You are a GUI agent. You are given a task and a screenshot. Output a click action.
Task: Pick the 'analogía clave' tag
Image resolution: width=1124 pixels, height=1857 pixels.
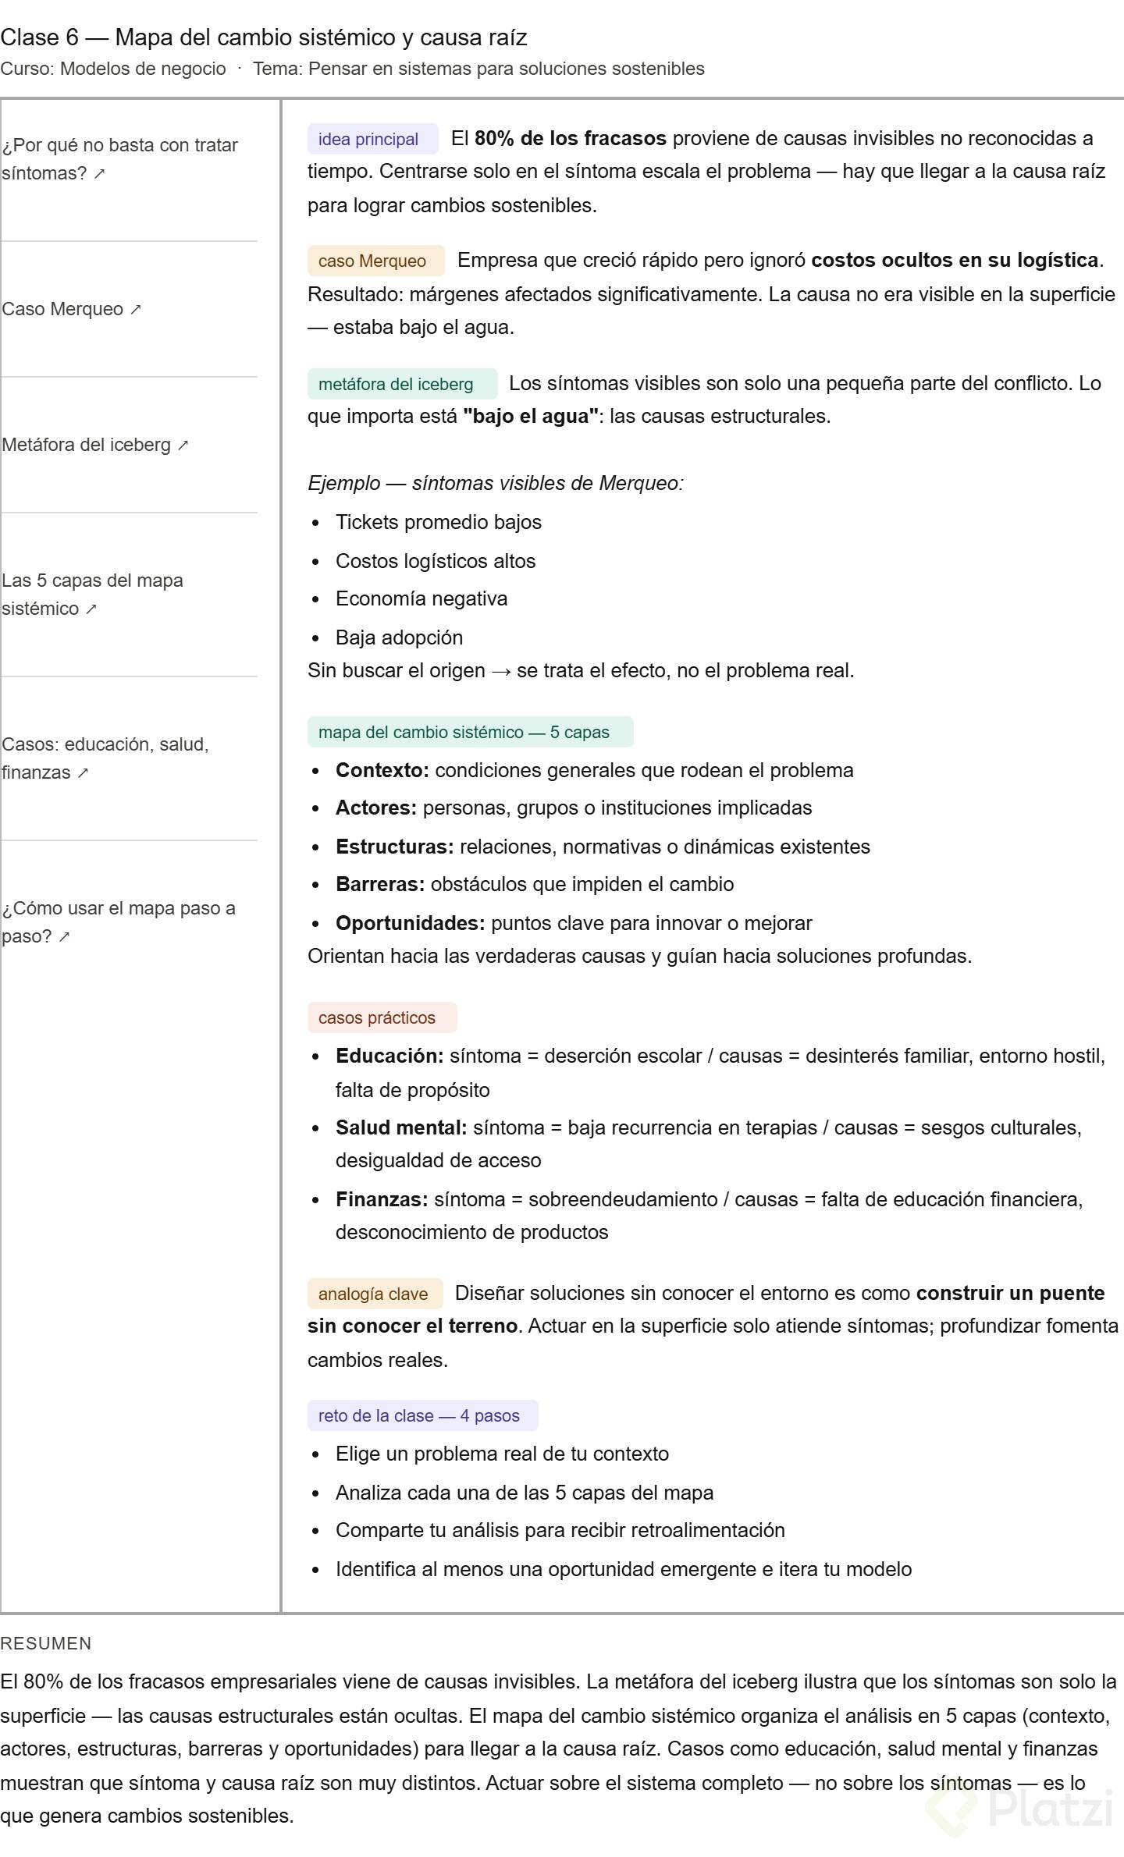coord(374,1294)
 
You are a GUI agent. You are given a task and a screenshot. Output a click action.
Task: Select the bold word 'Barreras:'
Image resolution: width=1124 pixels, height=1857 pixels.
coord(380,884)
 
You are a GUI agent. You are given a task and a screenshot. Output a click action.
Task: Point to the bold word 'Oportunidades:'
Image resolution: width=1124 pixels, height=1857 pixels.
coord(411,923)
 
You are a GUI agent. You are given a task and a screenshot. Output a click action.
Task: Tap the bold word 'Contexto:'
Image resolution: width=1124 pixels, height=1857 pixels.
coord(382,770)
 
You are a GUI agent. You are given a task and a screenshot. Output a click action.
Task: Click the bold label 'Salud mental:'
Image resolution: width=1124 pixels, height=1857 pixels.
coord(401,1127)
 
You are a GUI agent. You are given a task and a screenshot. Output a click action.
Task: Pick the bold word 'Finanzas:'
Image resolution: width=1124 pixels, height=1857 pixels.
coord(382,1199)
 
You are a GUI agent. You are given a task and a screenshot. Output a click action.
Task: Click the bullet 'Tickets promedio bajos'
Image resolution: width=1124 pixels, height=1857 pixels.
coord(438,522)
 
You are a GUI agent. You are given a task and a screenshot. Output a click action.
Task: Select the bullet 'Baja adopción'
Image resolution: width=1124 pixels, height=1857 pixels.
coord(399,637)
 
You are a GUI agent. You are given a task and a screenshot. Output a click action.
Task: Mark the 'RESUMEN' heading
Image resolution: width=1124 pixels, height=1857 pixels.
coord(46,1643)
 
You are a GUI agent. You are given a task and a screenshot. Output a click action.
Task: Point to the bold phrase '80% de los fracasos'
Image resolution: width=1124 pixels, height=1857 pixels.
coord(570,139)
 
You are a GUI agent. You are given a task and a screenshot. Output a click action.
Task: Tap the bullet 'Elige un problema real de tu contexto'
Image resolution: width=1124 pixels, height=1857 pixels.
coord(502,1454)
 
